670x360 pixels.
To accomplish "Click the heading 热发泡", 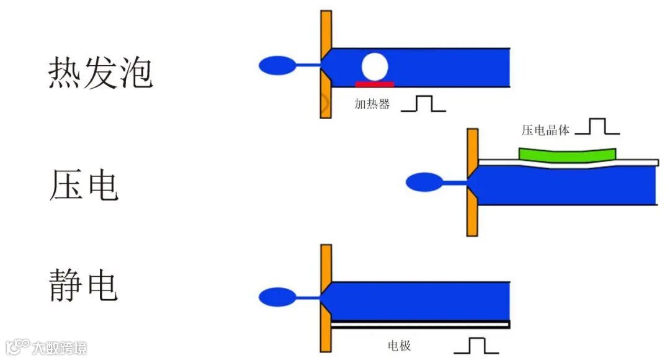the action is click(100, 74).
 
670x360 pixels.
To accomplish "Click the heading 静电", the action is click(83, 285).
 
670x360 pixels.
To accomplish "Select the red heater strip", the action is click(374, 84).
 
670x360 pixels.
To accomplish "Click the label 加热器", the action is click(372, 104).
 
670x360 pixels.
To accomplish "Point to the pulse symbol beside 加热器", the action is click(424, 104).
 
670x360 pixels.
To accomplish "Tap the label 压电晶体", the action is click(545, 130).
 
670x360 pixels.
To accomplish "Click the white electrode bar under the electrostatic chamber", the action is click(420, 324).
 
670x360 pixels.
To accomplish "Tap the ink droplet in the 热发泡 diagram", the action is click(277, 65).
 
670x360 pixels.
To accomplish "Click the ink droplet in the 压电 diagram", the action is click(424, 182).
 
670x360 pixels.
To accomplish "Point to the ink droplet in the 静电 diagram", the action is click(277, 297).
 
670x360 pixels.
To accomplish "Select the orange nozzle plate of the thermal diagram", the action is click(326, 64).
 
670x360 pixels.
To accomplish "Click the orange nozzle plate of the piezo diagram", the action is click(472, 182).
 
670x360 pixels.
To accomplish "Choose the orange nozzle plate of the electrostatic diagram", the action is click(326, 298).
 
